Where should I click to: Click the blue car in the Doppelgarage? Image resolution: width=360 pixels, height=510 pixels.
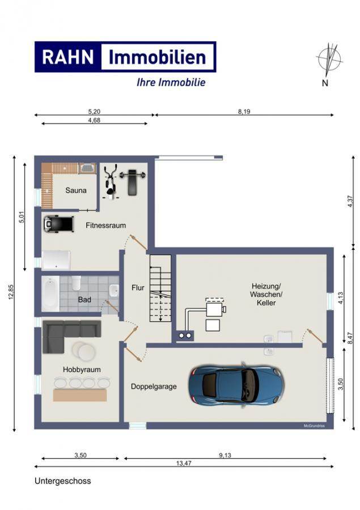236,385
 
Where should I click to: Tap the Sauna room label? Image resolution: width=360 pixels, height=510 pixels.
76,190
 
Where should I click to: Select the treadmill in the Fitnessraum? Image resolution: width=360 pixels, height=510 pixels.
58,224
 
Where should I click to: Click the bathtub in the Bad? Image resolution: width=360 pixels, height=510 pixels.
50,294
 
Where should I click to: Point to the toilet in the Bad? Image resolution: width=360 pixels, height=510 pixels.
76,283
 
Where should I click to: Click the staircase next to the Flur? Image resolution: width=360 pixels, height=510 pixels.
160,288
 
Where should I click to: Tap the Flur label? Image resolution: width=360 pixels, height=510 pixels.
138,287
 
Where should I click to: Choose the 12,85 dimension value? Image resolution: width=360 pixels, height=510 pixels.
11,292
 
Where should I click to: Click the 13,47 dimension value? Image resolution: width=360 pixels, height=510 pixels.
184,463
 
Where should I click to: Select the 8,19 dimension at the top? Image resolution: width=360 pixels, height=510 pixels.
244,112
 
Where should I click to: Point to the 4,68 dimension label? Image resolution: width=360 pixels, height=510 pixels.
94,120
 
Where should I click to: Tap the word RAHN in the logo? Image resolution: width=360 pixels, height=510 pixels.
68,57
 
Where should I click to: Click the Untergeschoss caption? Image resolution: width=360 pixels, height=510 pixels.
63,481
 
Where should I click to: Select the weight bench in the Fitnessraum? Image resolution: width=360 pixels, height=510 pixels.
132,181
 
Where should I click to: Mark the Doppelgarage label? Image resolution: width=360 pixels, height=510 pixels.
154,386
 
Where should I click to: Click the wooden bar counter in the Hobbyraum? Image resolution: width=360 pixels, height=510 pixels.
80,395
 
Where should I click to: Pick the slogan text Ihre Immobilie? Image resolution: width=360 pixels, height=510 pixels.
171,82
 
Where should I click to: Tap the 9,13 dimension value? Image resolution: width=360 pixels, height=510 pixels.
225,455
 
